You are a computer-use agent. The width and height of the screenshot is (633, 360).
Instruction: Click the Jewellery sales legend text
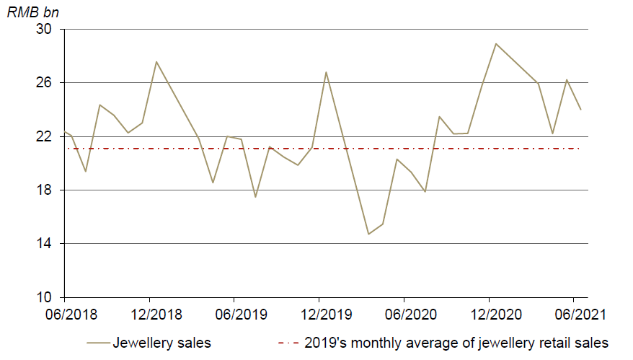pos(161,343)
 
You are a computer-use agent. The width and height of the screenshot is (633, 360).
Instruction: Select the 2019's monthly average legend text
pos(456,343)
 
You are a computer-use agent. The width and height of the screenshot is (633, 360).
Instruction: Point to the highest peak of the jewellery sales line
pos(496,43)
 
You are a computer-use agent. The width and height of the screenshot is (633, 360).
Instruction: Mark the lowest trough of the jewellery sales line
pos(368,234)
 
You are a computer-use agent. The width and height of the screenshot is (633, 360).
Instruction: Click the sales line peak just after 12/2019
pos(327,72)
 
